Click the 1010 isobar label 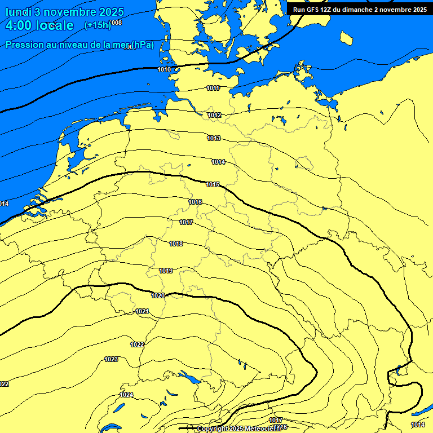pyautogui.click(x=164, y=69)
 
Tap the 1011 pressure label pyautogui.click(x=213, y=88)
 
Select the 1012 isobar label pyautogui.click(x=214, y=115)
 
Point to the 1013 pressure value pyautogui.click(x=214, y=138)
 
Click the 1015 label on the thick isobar pyautogui.click(x=213, y=184)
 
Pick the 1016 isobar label pyautogui.click(x=195, y=202)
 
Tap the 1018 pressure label pyautogui.click(x=176, y=244)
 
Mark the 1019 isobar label pyautogui.click(x=165, y=271)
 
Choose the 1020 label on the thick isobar pyautogui.click(x=158, y=295)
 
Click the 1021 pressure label pyautogui.click(x=142, y=311)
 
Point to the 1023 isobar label pyautogui.click(x=111, y=359)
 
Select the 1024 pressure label pyautogui.click(x=127, y=395)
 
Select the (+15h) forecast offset pyautogui.click(x=97, y=25)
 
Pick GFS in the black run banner pyautogui.click(x=316, y=9)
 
